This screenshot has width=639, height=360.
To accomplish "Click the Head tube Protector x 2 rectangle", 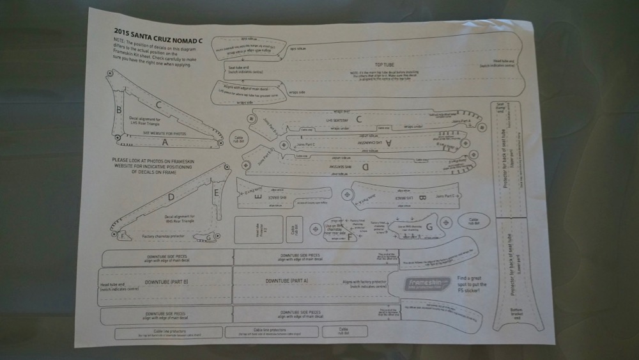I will click(250, 230).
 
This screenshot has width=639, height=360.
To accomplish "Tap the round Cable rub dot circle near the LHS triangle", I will click(237, 139).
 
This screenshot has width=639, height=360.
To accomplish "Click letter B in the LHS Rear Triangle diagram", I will click(119, 109).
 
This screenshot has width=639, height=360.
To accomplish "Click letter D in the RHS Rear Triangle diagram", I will click(171, 198).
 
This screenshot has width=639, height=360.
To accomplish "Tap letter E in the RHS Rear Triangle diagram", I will click(217, 192).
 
